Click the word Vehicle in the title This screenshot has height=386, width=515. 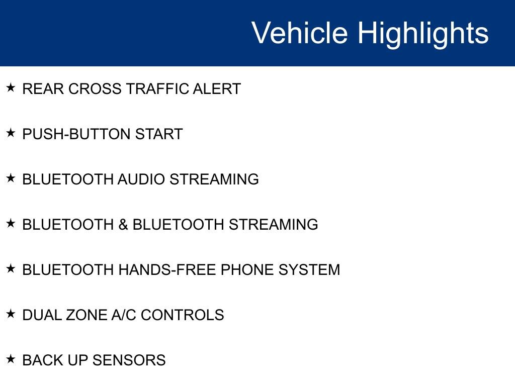click(300, 33)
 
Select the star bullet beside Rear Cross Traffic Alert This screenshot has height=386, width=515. click(11, 87)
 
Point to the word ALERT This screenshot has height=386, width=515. click(217, 89)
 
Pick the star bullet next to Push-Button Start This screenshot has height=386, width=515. click(11, 133)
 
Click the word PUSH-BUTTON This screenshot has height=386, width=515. click(76, 134)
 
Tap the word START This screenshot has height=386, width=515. click(159, 134)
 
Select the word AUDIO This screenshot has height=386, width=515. click(141, 179)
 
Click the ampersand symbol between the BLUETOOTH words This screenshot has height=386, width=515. click(123, 225)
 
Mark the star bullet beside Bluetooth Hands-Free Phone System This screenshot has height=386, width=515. click(11, 269)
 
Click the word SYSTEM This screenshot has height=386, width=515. click(309, 270)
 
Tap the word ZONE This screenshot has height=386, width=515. click(86, 316)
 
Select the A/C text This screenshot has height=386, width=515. click(124, 316)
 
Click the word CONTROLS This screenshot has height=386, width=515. click(182, 316)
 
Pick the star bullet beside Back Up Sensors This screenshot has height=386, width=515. click(11, 359)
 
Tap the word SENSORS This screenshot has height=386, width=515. click(129, 361)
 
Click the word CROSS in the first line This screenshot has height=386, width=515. click(95, 89)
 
